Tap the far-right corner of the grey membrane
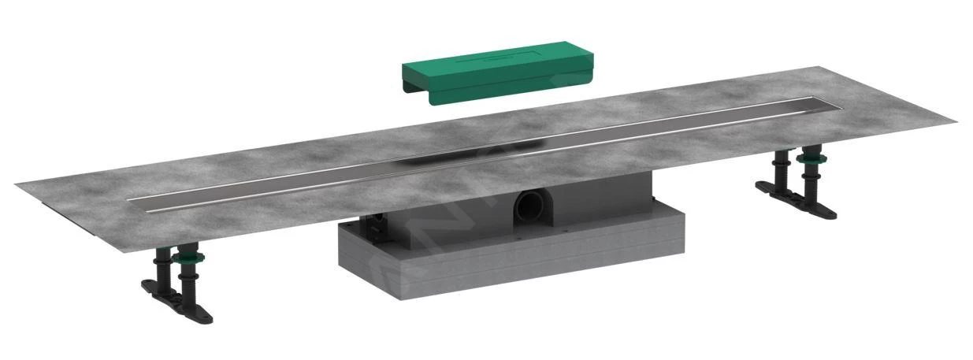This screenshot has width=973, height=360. tap(955, 122)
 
